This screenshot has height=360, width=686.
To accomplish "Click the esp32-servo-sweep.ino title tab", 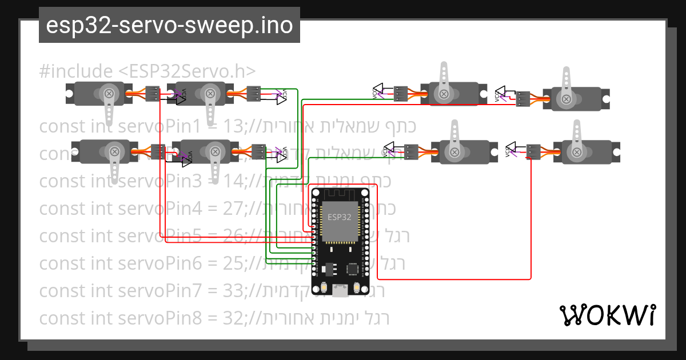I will click(169, 26).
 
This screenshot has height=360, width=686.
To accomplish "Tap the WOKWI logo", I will click(607, 315).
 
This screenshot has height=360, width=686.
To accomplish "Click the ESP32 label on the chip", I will click(340, 217).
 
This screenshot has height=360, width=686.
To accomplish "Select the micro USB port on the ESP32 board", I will click(341, 291).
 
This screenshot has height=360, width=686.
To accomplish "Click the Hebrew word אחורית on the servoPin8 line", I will click(297, 318).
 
